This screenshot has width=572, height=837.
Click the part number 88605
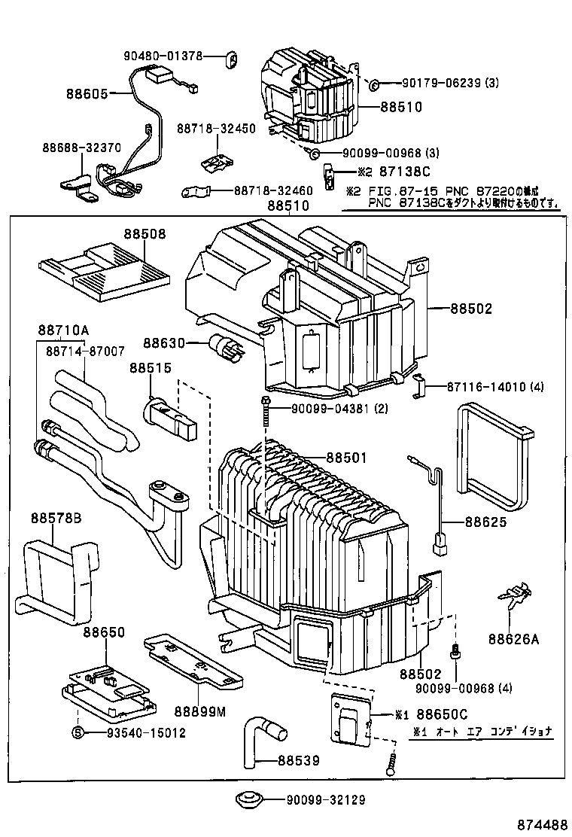point(87,94)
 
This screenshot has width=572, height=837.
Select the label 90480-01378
point(163,56)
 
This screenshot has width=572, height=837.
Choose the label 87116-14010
point(493,387)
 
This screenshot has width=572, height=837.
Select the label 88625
point(485,522)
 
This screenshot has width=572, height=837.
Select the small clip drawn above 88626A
point(510,598)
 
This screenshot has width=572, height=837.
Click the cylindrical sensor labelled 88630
point(227,347)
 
